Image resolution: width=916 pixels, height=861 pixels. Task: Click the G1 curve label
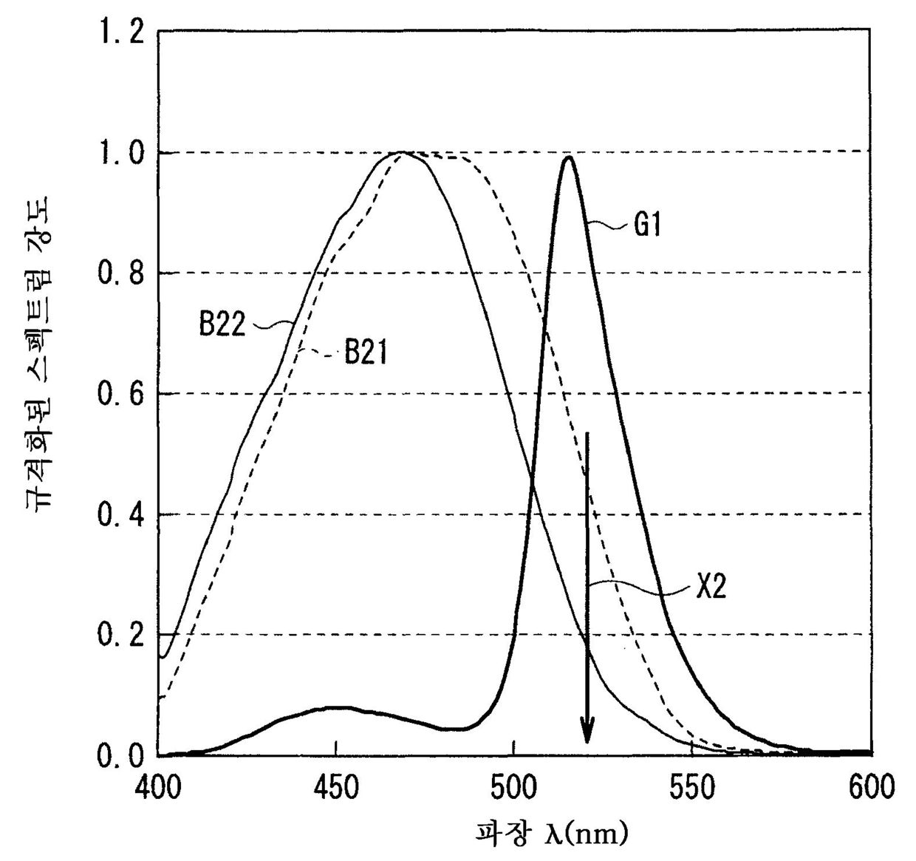click(x=647, y=225)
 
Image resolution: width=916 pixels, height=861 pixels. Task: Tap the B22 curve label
click(x=222, y=324)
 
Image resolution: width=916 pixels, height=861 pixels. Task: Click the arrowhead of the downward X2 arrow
click(x=587, y=755)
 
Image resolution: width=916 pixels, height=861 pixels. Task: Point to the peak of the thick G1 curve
click(x=568, y=157)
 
